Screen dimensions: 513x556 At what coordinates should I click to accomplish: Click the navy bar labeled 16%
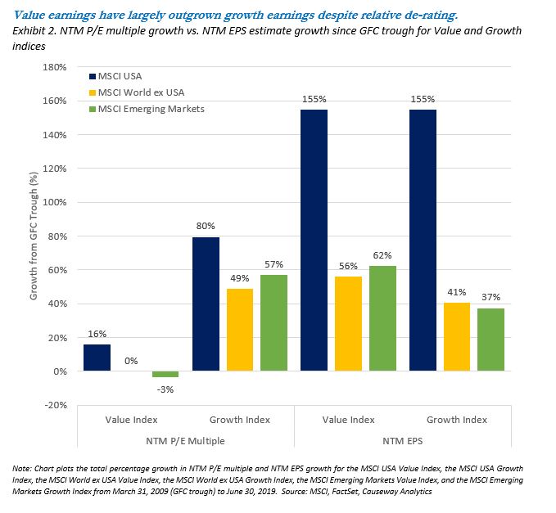(97, 358)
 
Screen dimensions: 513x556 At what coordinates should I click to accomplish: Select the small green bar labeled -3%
(165, 374)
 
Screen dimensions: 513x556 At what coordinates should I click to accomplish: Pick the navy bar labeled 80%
(206, 304)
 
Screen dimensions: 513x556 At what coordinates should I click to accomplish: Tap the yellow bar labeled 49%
(240, 330)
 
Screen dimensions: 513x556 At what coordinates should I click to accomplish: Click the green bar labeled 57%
(274, 323)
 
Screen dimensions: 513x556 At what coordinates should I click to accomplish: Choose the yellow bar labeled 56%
(349, 324)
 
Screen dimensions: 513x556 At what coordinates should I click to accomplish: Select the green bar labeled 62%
(383, 318)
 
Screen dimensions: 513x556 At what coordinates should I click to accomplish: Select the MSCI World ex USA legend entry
(134, 93)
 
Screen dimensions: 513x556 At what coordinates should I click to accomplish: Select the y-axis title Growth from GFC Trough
(34, 236)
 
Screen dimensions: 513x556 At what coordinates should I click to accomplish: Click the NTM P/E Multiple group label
(185, 442)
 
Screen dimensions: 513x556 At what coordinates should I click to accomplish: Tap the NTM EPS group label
(404, 442)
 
